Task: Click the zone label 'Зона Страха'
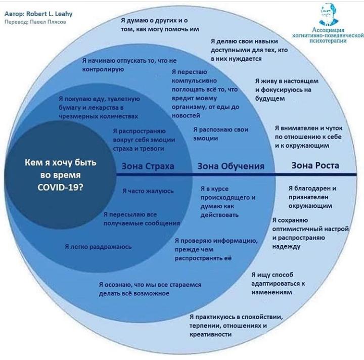(148, 166)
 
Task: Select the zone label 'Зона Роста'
(315, 165)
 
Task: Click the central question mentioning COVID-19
(61, 174)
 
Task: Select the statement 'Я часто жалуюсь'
(148, 191)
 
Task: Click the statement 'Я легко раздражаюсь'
(99, 247)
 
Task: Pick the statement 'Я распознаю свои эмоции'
(221, 133)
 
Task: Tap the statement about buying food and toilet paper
(99, 108)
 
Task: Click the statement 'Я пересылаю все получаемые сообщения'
(142, 218)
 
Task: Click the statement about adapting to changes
(278, 284)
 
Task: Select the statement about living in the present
(286, 89)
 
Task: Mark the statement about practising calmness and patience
(236, 326)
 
